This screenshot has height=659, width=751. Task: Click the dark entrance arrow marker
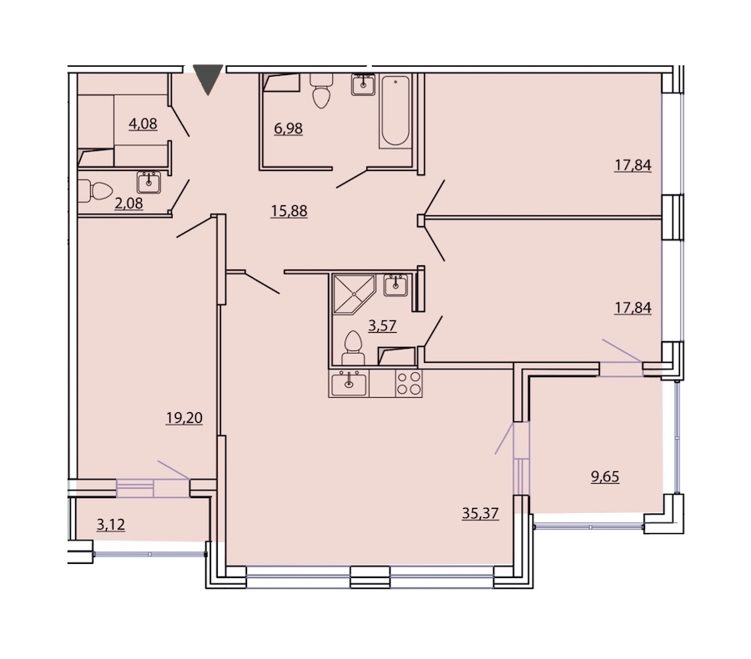[x=208, y=79]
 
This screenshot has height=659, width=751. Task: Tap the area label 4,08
[x=143, y=124]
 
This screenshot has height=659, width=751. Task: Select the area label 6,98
[x=289, y=128]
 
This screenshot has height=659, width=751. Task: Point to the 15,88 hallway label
[x=289, y=211]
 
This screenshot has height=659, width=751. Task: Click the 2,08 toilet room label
[x=129, y=204]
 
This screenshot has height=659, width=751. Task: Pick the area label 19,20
[x=184, y=418]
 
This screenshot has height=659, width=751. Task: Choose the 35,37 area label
[x=481, y=513]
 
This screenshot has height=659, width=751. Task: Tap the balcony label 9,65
[x=605, y=477]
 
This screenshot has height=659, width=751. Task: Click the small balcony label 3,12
[x=111, y=525]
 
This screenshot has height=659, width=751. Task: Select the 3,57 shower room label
[x=382, y=325]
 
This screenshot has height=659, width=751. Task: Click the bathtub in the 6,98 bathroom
[x=396, y=111]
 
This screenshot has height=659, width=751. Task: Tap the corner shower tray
[x=354, y=294]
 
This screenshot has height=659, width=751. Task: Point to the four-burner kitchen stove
[x=409, y=383]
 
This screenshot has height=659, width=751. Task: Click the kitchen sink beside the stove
[x=349, y=384]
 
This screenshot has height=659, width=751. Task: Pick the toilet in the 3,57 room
[x=353, y=348]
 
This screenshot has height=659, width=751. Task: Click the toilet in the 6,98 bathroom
[x=321, y=91]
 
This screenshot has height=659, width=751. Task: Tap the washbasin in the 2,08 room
[x=149, y=183]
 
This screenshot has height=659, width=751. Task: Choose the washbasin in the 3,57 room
[x=396, y=286]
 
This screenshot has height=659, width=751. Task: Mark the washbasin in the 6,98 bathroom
[x=364, y=85]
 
